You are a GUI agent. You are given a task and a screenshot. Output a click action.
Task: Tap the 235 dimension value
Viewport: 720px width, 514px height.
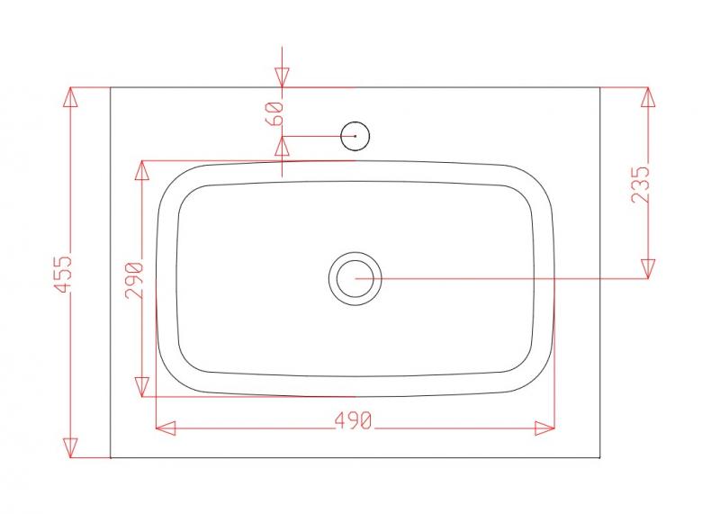[641, 184]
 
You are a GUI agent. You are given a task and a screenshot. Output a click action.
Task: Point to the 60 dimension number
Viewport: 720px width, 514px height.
[275, 113]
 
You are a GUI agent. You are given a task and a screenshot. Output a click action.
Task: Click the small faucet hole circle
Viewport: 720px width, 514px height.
[355, 136]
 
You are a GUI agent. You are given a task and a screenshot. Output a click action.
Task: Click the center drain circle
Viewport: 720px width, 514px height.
[355, 278]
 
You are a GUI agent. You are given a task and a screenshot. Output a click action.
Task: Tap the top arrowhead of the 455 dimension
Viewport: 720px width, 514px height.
[71, 97]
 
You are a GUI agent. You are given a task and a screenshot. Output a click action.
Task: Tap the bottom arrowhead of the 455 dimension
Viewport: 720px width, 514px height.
[71, 447]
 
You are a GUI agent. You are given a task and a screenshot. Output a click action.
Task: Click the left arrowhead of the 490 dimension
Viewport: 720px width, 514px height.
[166, 428]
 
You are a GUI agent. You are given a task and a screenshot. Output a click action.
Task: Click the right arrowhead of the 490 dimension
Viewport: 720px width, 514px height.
[544, 428]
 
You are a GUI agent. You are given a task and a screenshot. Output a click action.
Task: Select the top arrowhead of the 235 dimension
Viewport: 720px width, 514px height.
[647, 97]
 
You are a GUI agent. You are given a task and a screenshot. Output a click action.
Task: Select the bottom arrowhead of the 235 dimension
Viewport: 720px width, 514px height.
[647, 268]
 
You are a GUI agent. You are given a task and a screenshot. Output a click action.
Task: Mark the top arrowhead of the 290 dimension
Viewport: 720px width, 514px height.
[141, 171]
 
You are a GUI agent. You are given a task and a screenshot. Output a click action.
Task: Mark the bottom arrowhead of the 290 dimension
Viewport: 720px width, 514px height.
[141, 387]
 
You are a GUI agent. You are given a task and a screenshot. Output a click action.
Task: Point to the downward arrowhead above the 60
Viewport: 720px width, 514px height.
[283, 78]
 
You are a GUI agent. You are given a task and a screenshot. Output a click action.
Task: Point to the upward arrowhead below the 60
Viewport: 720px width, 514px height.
[283, 146]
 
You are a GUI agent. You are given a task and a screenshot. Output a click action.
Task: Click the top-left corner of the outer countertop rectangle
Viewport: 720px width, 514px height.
[111, 87]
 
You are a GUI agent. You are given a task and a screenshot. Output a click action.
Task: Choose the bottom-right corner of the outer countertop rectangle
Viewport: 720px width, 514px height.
[599, 457]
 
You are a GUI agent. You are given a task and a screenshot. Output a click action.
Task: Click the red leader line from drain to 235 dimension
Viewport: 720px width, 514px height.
[504, 278]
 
